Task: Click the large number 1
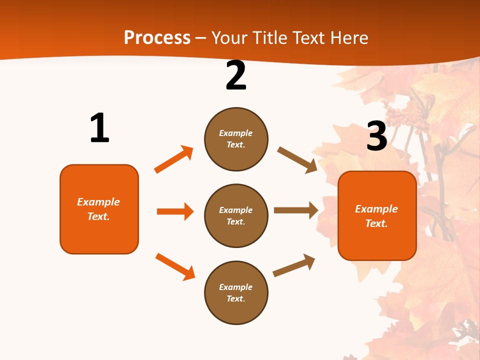coord(99,128)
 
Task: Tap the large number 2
coord(236,76)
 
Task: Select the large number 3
coord(376,136)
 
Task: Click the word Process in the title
coord(157,37)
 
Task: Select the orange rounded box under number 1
coord(99,209)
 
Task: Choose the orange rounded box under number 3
coord(377,216)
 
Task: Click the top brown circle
coord(236,139)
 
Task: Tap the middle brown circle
coord(236,216)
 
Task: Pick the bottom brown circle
coord(236,293)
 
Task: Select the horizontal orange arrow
coord(175,211)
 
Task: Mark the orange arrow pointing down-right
coord(175,266)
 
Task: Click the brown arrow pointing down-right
coord(297,159)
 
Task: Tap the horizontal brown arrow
coord(296,210)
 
